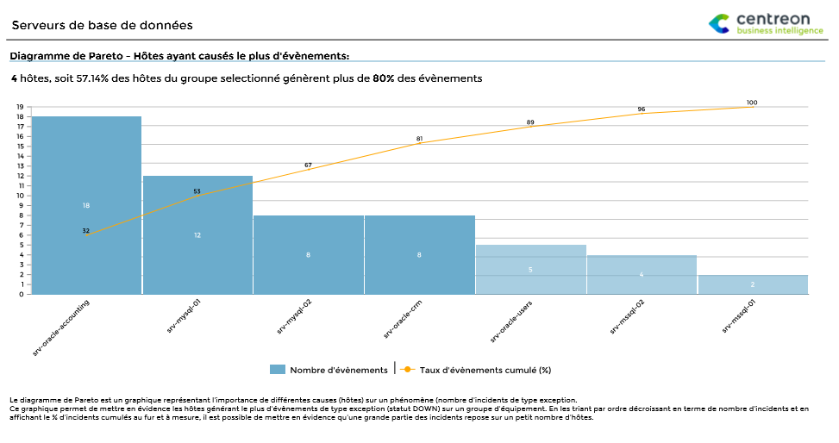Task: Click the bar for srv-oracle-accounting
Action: coord(86,205)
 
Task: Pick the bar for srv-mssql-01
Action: coord(752,284)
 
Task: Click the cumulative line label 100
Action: coord(752,103)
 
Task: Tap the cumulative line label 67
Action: coord(308,165)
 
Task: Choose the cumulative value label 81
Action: coord(419,138)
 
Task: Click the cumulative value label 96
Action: coord(641,109)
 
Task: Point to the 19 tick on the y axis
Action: coord(19,107)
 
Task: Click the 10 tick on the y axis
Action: coord(19,196)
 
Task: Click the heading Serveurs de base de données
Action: coord(102,26)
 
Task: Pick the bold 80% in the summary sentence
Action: coord(384,78)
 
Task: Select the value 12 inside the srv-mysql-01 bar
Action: coord(197,235)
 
